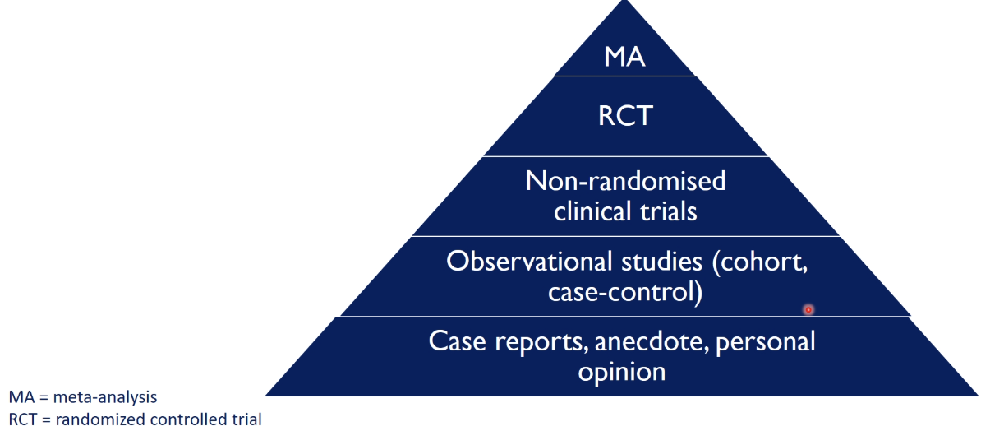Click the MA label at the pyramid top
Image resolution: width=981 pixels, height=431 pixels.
[625, 57]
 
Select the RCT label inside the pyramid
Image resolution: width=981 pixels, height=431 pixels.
[625, 115]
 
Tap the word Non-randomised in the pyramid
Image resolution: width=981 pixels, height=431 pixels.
[625, 180]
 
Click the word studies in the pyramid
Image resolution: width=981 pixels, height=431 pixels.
[664, 261]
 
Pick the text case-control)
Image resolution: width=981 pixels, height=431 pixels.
[625, 292]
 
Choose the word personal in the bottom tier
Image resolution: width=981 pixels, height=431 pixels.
[765, 341]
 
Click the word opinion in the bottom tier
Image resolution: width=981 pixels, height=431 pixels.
[620, 371]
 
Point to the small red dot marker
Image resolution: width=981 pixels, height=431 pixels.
[808, 309]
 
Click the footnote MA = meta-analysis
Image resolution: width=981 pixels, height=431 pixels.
[83, 396]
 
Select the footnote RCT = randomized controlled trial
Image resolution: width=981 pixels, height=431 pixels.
[136, 419]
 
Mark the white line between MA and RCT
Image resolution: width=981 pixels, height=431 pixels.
[625, 76]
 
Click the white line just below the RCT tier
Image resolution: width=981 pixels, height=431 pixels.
[625, 156]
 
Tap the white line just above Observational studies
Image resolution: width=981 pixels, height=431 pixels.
[625, 237]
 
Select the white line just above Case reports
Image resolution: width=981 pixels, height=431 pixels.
[625, 317]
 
